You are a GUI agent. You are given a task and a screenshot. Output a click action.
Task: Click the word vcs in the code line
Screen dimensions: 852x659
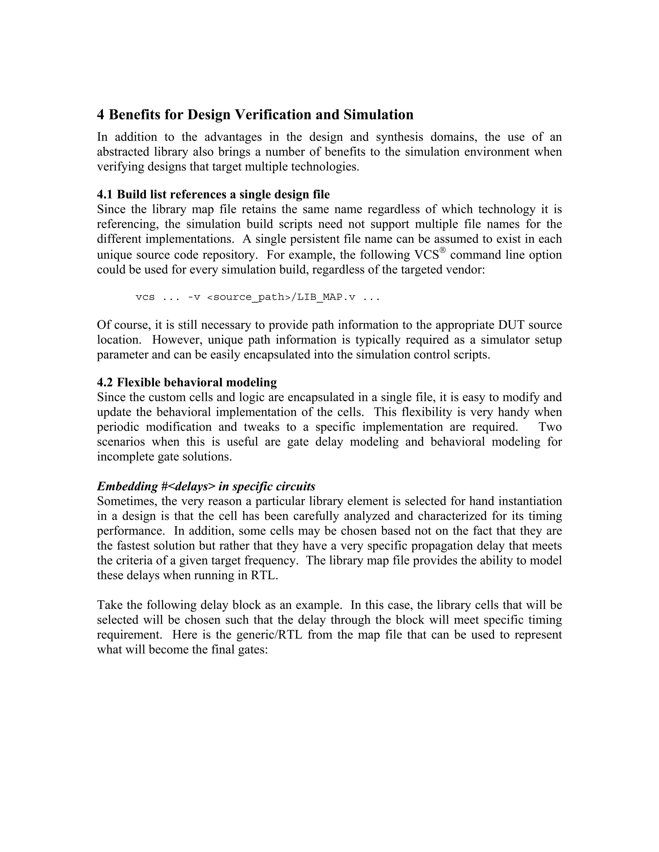tap(145, 297)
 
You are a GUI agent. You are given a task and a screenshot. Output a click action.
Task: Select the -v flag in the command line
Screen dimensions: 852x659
tap(194, 297)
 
